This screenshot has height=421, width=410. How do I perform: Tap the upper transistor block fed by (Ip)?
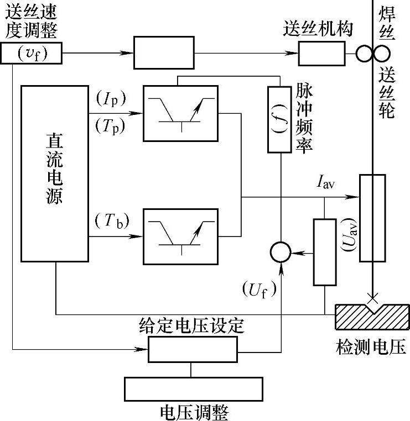(x=180, y=113)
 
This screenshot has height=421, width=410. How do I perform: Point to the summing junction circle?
(x=281, y=252)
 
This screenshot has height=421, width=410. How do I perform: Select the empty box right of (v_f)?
(x=164, y=53)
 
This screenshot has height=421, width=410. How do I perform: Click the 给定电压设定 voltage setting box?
(x=192, y=349)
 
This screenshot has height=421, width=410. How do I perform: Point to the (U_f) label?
(x=258, y=289)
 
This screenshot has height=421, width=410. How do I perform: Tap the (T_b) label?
(x=111, y=220)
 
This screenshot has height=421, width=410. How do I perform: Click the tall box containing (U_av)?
(x=372, y=218)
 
